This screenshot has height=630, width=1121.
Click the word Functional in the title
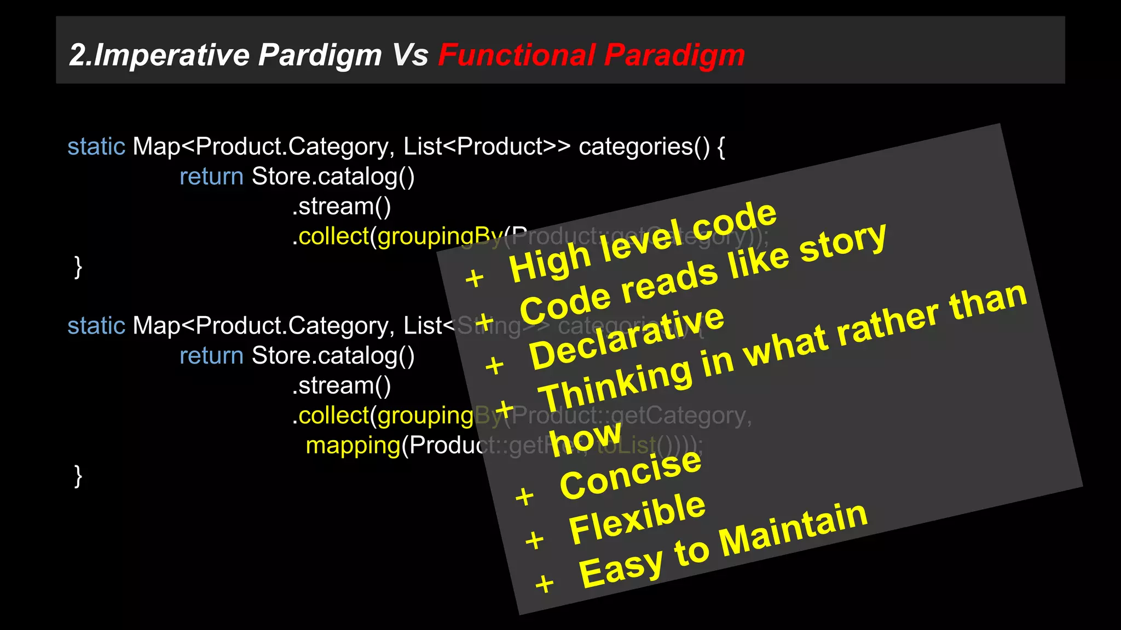coord(516,55)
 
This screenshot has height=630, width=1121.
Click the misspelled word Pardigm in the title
coord(320,55)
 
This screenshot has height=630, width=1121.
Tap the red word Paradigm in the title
coord(674,55)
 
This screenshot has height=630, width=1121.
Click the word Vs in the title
coord(410,55)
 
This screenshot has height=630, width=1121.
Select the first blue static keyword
coord(96,147)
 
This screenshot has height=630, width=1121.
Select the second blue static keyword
coord(96,326)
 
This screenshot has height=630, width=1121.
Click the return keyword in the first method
coord(211,177)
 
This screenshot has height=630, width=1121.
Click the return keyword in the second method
coord(211,356)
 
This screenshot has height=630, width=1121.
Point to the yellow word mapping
coord(353,445)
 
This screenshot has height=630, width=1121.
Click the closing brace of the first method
coord(78,267)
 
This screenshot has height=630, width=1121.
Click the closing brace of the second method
coord(78,476)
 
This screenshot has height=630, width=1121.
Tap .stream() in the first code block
coord(342,207)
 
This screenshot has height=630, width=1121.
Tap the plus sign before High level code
coord(475,278)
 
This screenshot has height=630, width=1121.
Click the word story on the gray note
coord(843,241)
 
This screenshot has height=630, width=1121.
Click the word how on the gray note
coord(586,437)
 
